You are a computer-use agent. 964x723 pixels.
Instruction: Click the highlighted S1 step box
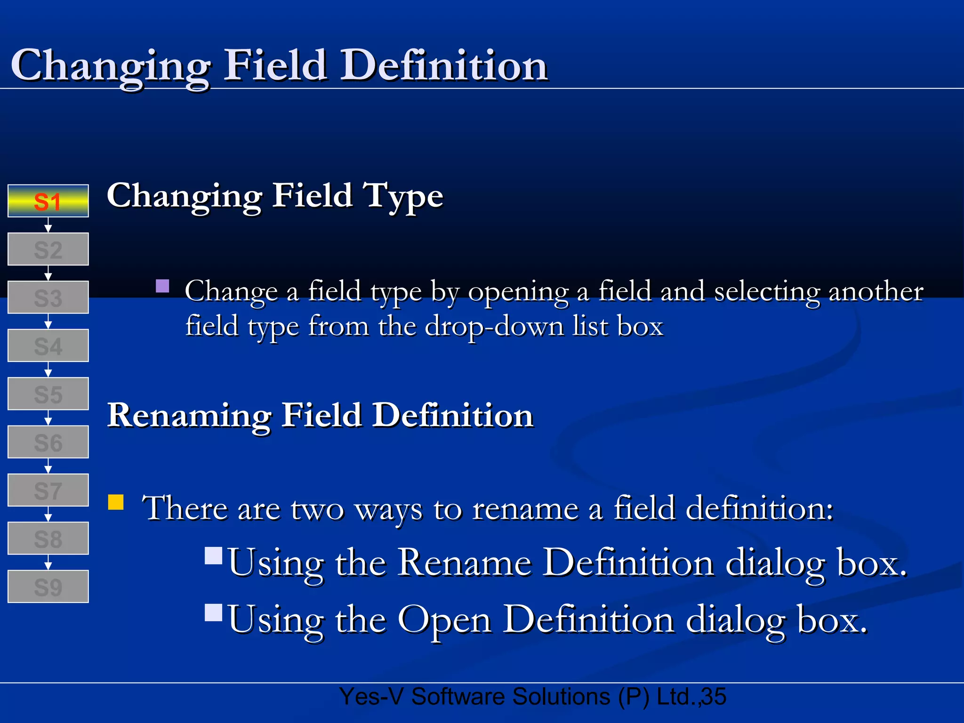(x=48, y=201)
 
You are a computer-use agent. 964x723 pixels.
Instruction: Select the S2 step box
(x=48, y=249)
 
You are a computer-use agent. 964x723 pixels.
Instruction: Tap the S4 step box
(x=48, y=346)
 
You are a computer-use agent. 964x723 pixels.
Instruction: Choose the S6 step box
(x=48, y=442)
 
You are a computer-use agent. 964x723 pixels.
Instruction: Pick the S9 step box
(x=48, y=587)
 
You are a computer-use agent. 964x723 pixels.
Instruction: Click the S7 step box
(x=48, y=490)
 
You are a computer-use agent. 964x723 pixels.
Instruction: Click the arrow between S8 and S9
(x=48, y=563)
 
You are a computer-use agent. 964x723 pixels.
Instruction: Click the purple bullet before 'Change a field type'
(x=162, y=286)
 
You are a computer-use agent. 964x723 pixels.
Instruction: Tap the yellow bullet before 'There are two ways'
(x=116, y=502)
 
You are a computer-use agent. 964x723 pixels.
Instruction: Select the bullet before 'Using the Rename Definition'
(x=214, y=556)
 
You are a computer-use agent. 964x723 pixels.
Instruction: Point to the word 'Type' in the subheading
(x=403, y=197)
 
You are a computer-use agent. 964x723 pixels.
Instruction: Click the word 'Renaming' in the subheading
(x=189, y=416)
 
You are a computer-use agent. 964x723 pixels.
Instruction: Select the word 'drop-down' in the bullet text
(x=495, y=327)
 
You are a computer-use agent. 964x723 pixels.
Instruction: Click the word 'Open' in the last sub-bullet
(x=444, y=620)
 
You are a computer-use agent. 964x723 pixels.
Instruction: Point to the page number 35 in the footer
(x=714, y=697)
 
